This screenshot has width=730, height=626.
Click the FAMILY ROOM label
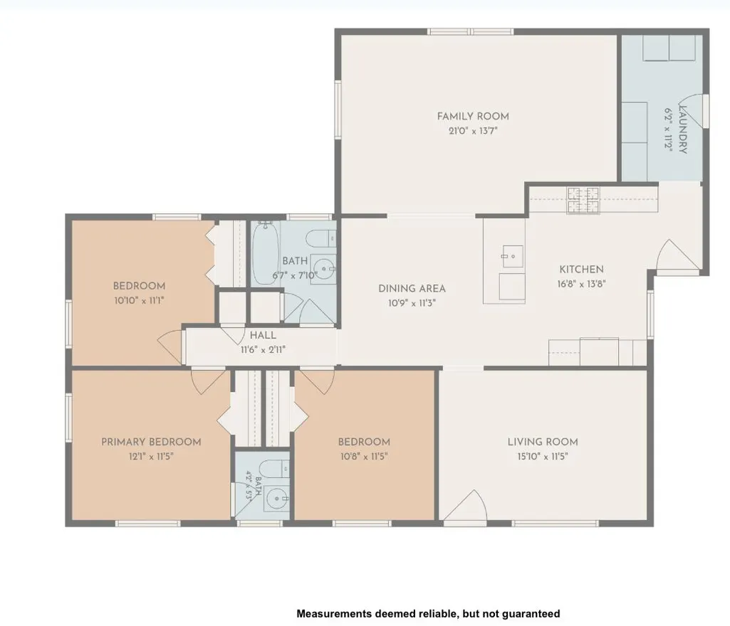(473, 116)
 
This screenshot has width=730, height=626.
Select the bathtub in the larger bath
(266, 253)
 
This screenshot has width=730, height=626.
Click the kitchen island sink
(513, 256)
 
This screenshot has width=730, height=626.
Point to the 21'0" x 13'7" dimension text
(473, 131)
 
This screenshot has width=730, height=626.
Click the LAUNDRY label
(682, 129)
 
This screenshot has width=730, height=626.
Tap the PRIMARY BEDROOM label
(151, 442)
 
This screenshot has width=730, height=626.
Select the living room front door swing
(466, 506)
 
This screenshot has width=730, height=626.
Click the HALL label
(263, 335)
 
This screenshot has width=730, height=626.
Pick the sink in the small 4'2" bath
(278, 500)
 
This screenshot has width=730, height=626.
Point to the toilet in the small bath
(274, 468)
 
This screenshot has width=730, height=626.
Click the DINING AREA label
(412, 288)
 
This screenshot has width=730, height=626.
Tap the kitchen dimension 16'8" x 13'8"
(581, 283)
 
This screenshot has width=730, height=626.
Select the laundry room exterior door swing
(693, 111)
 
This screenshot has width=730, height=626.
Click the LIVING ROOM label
(543, 442)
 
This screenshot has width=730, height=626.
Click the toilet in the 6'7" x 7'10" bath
(321, 239)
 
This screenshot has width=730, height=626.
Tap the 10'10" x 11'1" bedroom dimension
(139, 300)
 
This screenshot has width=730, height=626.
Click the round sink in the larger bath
(323, 268)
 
